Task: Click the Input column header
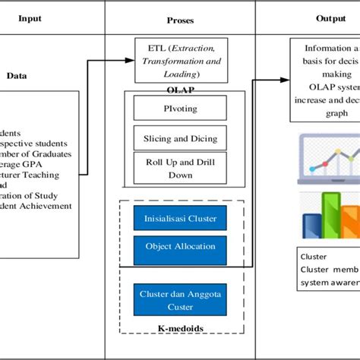point(30,18)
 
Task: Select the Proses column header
point(181,18)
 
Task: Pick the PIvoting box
point(180,108)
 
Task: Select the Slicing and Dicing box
point(180,138)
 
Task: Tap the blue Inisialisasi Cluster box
point(180,219)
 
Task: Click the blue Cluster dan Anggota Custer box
point(180,299)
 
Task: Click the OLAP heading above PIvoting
point(180,89)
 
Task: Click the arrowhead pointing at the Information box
point(286,78)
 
